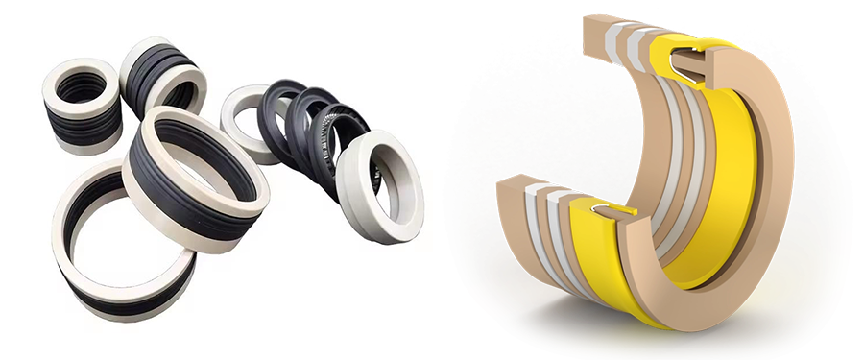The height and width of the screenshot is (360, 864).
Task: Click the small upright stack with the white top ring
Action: (x=82, y=106)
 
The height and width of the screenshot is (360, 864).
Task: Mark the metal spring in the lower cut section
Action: (x=604, y=205)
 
